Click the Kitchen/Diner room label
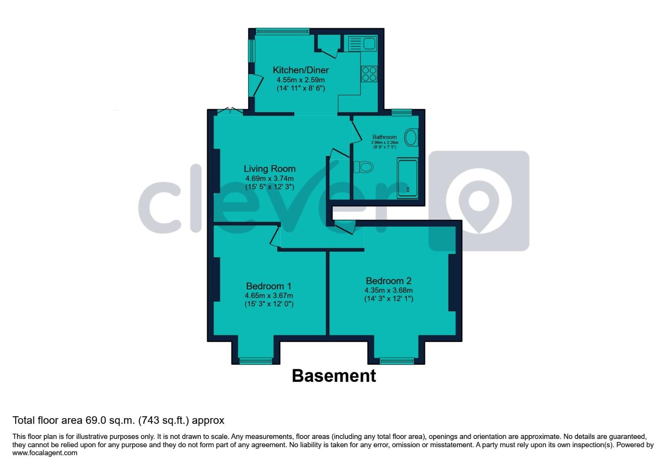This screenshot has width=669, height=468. point(301,70)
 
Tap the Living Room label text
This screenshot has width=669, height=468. point(270,169)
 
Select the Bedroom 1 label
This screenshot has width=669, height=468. point(269,286)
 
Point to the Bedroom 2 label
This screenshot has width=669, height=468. point(389,281)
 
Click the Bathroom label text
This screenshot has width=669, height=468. point(384,137)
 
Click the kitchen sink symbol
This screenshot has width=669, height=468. point(362,44)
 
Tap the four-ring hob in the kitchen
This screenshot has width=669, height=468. point(369,74)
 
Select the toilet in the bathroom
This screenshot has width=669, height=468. point(363,167)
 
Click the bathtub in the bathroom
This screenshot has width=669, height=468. point(407,179)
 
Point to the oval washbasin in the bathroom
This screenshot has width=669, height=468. point(411,138)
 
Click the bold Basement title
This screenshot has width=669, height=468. point(334,376)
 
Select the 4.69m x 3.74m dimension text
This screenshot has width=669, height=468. point(270,179)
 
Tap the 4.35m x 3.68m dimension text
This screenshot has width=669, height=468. point(389,290)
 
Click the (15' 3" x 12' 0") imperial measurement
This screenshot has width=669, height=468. point(269,304)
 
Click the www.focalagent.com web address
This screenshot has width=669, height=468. point(45,453)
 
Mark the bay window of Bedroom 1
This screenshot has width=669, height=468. point(256,360)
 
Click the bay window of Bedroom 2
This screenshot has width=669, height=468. point(396,360)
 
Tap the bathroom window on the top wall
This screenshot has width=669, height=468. point(401,112)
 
